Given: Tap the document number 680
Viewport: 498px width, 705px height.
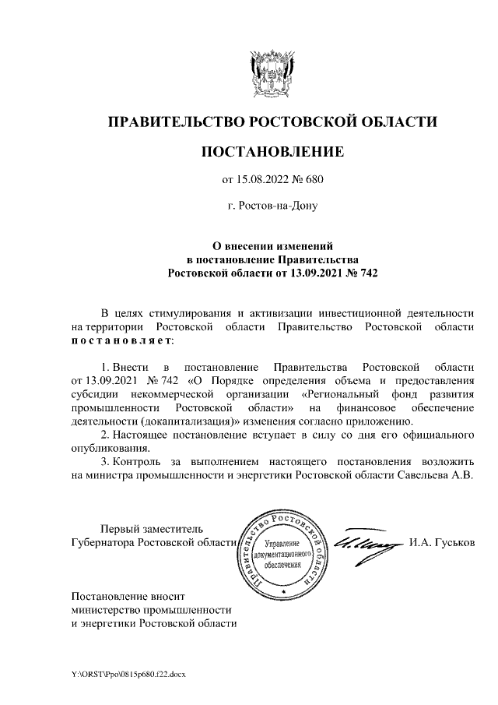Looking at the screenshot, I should (313, 180).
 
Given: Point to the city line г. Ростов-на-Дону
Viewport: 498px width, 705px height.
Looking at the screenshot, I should (272, 206).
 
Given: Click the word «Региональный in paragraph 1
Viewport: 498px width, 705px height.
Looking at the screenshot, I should (340, 393).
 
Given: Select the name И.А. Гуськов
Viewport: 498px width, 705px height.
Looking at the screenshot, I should (440, 541).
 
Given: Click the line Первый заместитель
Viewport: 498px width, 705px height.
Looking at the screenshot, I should (147, 528).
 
